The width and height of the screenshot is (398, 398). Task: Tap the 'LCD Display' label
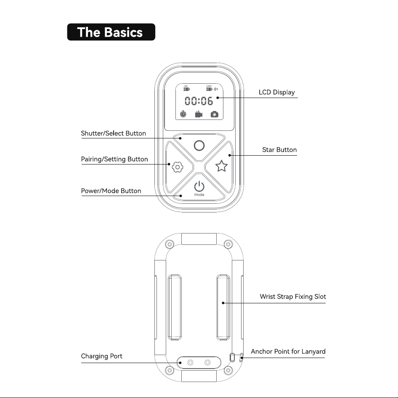tap(277, 93)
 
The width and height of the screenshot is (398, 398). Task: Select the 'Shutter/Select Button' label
tap(114, 133)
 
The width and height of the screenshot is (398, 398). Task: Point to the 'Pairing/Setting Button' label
tap(114, 159)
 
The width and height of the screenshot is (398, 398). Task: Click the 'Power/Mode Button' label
tap(111, 191)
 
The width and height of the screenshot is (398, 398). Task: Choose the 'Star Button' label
tap(279, 150)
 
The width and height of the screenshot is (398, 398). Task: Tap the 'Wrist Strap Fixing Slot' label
tap(293, 297)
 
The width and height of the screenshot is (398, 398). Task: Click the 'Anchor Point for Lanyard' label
tap(288, 352)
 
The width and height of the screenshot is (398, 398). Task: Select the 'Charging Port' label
tap(101, 356)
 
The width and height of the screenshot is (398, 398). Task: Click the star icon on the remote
tap(221, 166)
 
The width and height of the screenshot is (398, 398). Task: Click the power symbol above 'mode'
tap(199, 186)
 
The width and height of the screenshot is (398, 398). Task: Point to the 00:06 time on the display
tap(199, 101)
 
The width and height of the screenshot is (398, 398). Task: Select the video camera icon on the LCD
tap(199, 114)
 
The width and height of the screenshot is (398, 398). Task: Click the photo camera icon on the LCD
tap(215, 114)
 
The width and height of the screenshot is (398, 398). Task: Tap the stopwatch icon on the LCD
tap(183, 114)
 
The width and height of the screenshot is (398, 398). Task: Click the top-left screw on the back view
tap(169, 244)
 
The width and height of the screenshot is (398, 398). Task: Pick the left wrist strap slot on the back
tap(175, 307)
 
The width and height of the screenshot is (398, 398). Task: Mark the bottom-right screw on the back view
tap(228, 370)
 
